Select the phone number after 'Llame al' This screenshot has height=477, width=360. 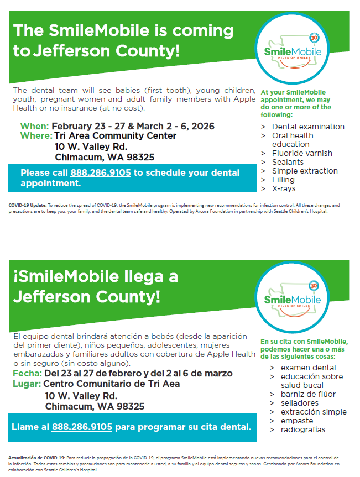pos(82,427)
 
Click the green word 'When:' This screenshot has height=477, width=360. pos(34,126)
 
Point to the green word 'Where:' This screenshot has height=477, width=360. pos(36,136)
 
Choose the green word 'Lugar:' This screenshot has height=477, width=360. pos(26,384)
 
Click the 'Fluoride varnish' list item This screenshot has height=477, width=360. pos(302,153)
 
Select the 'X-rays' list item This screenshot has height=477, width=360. pos(284,188)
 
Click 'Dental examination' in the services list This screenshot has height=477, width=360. pos(308,127)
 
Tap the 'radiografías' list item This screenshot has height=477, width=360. pos(303,429)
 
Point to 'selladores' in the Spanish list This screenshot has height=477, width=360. pos(300,403)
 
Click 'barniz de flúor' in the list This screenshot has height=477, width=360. pos(308,394)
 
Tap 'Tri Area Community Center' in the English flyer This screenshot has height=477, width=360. pos(115,136)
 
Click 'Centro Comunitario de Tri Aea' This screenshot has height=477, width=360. pos(111,384)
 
